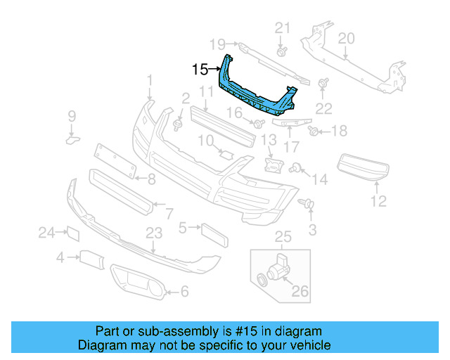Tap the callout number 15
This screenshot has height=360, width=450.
(200, 70)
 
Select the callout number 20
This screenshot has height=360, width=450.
(346, 39)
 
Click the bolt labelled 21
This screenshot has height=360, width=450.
(282, 51)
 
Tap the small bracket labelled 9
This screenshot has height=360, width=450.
(72, 140)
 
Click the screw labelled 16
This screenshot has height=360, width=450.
(259, 124)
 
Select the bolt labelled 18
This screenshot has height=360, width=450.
(314, 131)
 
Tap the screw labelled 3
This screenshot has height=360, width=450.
(308, 205)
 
